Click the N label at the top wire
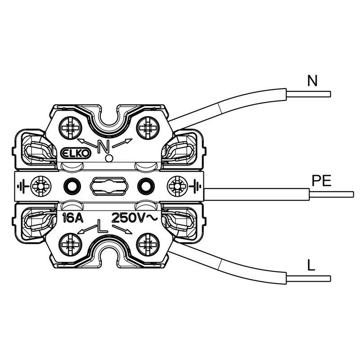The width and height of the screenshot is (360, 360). [x=312, y=81]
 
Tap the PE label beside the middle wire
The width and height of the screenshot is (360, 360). [x=322, y=181]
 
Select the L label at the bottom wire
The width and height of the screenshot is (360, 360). [x=311, y=265]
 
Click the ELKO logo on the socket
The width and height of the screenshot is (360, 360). [x=76, y=153]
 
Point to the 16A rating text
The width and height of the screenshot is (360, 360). [x=72, y=219]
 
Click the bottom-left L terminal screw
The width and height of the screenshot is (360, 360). [x=71, y=244]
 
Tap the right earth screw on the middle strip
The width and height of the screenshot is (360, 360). [x=176, y=185]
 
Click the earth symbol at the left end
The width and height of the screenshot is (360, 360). [x=24, y=185]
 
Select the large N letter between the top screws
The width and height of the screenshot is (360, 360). [x=104, y=146]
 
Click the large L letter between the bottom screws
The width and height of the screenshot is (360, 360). [x=103, y=226]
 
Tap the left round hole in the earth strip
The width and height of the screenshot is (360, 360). [x=71, y=185]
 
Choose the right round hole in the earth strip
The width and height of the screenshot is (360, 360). [x=145, y=185]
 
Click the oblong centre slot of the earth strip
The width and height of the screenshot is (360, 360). [x=108, y=185]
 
